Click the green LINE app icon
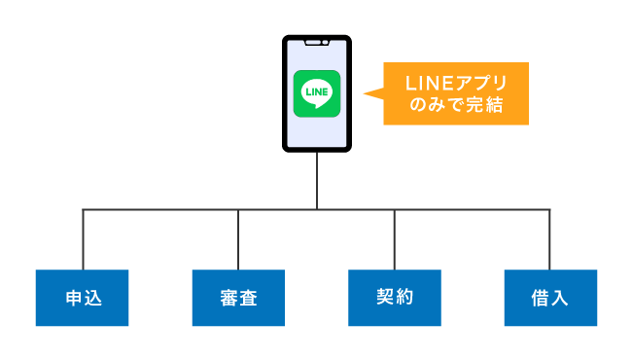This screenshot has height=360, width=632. coord(317,93)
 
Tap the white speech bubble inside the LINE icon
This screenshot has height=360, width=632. coord(317,92)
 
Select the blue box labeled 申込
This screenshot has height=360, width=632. coord(83,297)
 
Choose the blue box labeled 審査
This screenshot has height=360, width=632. coord(238,297)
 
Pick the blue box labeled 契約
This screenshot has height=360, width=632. coord(394,297)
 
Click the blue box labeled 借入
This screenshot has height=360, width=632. coord(550,297)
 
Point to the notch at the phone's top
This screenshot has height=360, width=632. coord(317,43)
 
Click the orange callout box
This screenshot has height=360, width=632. coord(456,93)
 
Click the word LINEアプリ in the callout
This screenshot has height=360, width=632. coord(456,82)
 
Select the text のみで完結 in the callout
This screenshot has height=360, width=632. coord(456,105)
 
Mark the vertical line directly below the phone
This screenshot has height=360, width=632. coord(317,180)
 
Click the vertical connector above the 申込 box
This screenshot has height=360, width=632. coord(83,238)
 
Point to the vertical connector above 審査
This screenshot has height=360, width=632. coord(238,238)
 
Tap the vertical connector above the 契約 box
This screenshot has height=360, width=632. coord(394,238)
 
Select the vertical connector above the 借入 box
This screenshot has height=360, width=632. coord(549,238)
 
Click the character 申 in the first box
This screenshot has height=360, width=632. coord(73,297)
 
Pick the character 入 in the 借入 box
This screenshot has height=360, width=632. coord(560,297)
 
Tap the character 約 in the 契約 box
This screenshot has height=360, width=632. coord(404,297)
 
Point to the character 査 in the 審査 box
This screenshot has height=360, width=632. coord(249,297)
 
